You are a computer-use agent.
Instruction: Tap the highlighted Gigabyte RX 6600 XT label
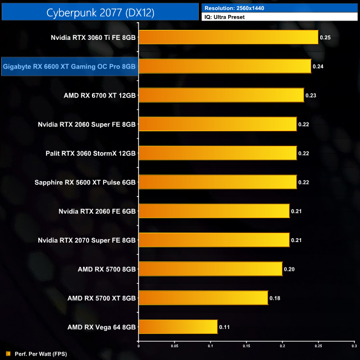pos(69,66)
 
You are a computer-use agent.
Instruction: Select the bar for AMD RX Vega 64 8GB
pos(178,327)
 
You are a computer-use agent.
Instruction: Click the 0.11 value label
pos(224,327)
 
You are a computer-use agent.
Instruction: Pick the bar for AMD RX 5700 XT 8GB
pos(203,298)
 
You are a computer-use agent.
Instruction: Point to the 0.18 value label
pos(275,298)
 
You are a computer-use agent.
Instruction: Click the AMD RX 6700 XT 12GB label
pos(100,95)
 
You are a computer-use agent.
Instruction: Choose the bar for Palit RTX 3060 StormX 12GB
pos(217,153)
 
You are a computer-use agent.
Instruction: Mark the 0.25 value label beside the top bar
pos(325,38)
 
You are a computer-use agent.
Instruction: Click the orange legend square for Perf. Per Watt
pos(7,353)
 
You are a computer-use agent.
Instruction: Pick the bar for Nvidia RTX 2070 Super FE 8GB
pos(214,240)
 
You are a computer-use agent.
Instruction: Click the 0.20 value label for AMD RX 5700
pos(289,269)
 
